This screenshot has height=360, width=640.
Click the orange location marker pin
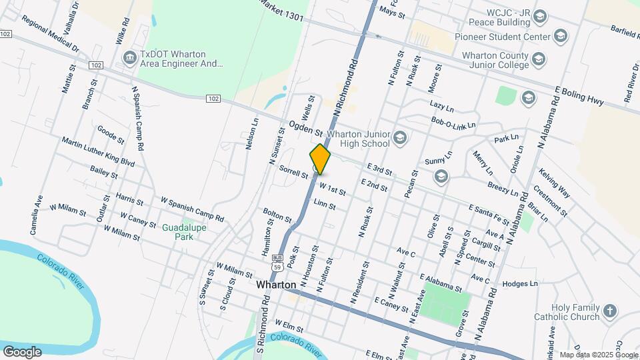[x=321, y=159]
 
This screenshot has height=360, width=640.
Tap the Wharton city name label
[x=276, y=285]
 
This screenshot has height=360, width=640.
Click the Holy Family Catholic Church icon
[x=610, y=311]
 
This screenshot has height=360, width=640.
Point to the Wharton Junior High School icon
[x=400, y=138]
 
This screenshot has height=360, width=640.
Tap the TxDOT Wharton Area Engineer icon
[x=129, y=59]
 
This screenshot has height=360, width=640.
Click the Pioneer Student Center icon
[x=561, y=36]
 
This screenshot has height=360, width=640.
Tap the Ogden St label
[x=306, y=127]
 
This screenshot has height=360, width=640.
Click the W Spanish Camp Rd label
[x=192, y=209]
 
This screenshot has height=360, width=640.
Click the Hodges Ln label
[x=520, y=283]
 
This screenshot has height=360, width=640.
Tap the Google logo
[x=22, y=351]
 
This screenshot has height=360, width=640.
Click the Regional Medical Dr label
[x=49, y=35]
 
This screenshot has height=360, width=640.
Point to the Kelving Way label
[x=555, y=183]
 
